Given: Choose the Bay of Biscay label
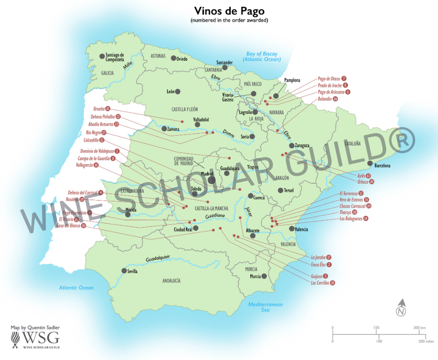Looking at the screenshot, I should (262, 57).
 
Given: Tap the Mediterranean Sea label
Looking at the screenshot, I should (265, 307).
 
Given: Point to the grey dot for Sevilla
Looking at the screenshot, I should (124, 271).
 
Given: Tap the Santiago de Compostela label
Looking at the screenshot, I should (115, 58).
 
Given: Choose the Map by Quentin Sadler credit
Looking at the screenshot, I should (36, 327).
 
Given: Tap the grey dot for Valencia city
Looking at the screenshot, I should (292, 229).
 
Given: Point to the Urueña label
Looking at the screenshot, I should (98, 108).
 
